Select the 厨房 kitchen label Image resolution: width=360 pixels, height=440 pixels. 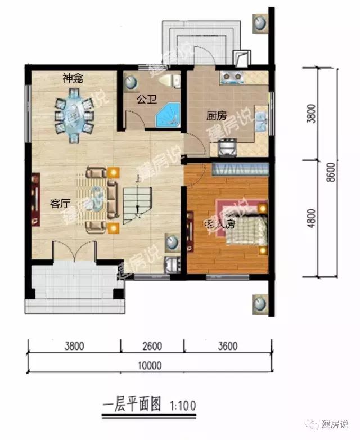[216, 116]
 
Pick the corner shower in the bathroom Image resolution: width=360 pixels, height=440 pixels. [168, 115]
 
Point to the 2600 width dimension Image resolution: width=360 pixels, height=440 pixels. [152, 346]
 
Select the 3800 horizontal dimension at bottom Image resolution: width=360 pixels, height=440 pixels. [74, 346]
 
